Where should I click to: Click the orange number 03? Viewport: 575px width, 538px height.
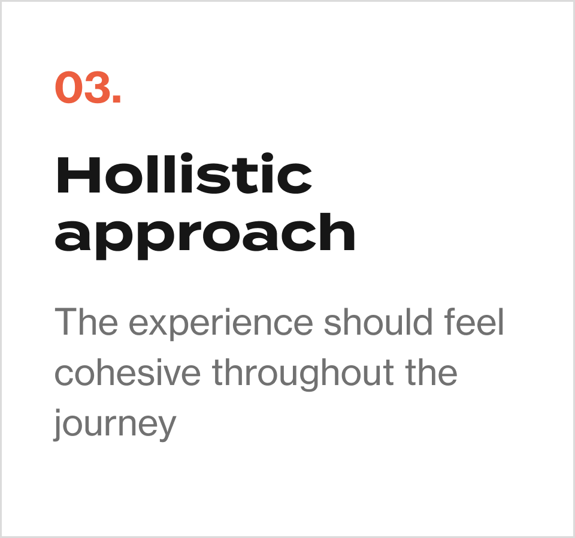(88, 87)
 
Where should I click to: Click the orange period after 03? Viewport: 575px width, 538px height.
(117, 98)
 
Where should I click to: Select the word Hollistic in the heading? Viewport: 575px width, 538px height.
(184, 173)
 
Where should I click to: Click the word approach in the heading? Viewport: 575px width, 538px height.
(205, 235)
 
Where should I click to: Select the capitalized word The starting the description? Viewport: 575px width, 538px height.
(86, 321)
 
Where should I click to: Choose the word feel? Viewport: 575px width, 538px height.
(474, 321)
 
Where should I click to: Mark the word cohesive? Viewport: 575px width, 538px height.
(128, 372)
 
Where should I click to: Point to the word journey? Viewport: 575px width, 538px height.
(115, 425)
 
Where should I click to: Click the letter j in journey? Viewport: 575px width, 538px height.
(58, 425)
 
